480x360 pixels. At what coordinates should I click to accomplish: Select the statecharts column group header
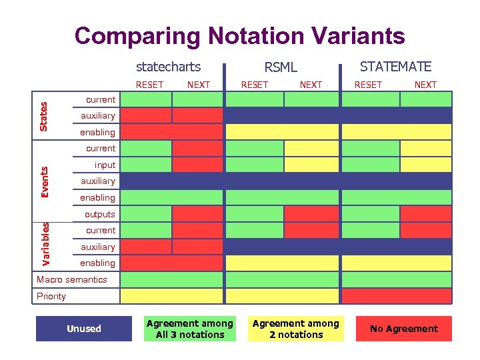point(168,67)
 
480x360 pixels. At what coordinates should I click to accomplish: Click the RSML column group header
point(281,67)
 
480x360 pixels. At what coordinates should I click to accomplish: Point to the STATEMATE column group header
point(395,67)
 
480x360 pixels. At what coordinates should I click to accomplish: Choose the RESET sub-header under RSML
point(254,85)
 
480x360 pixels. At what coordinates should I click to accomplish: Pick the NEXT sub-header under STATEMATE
point(425,85)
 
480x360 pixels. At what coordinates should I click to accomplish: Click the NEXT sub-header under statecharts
point(198,85)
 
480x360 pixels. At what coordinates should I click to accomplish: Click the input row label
point(105,165)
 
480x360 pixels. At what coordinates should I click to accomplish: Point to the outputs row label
point(99,214)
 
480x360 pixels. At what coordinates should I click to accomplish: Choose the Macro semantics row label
point(71,279)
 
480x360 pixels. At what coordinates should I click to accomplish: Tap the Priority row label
point(51,296)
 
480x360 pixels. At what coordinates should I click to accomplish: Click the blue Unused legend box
point(84,329)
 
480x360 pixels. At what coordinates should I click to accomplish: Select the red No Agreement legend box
point(403,329)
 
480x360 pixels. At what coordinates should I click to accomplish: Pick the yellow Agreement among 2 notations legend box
point(296,329)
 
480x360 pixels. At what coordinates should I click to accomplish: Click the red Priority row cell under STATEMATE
point(396,295)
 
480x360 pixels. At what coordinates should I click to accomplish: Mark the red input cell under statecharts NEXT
point(197,165)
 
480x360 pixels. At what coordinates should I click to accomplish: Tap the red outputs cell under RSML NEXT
point(311,214)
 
